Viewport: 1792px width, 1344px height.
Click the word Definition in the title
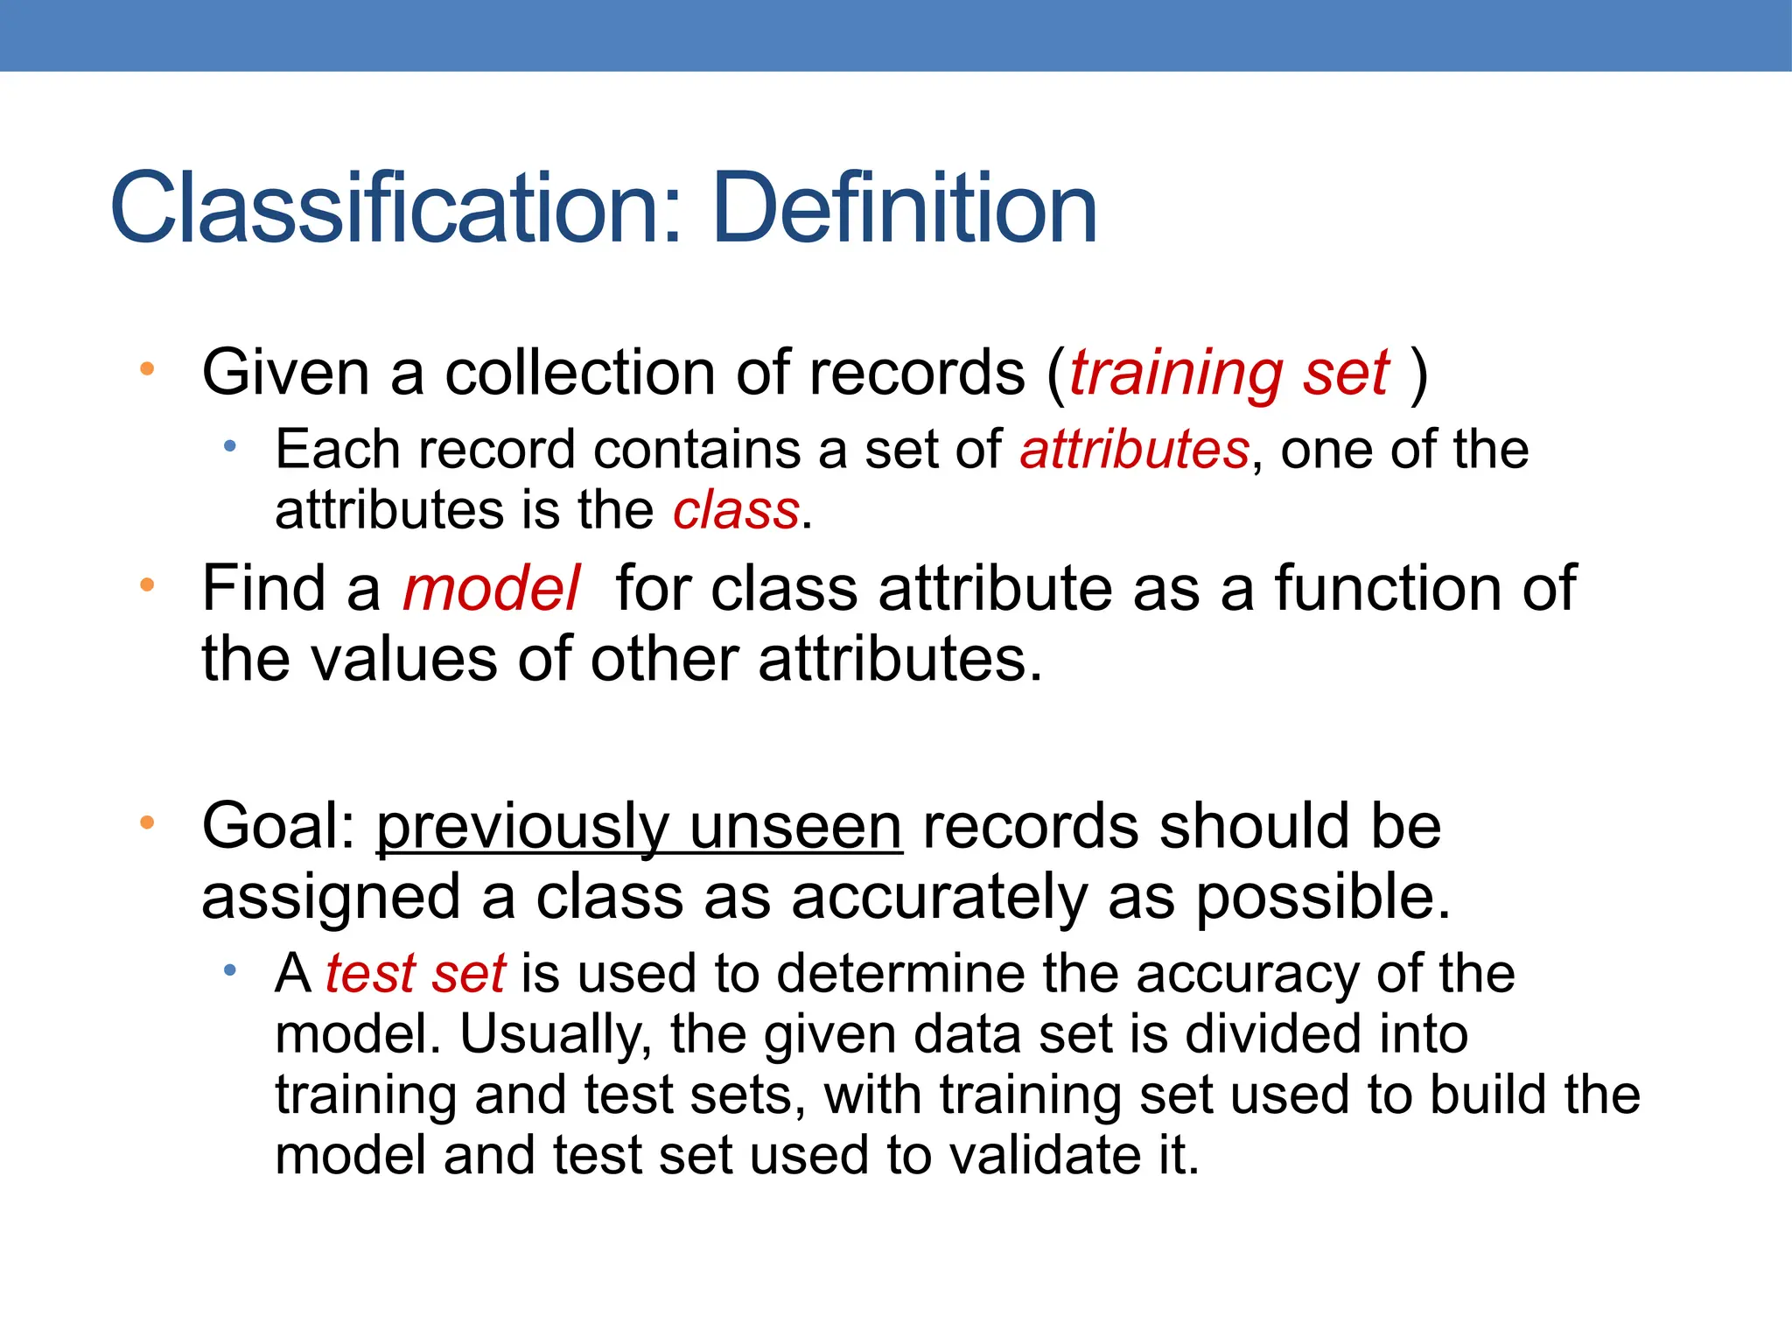point(905,209)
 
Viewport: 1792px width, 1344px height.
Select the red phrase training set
point(1228,374)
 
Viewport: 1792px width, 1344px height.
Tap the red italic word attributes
point(1134,450)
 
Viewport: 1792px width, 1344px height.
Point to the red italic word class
point(736,511)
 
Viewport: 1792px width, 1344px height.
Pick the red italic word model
point(491,588)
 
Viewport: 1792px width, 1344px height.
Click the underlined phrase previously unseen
point(639,827)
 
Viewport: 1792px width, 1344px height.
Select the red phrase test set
point(415,973)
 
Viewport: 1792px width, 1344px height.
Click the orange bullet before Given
point(147,369)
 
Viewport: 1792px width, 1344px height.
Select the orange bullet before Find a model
point(147,584)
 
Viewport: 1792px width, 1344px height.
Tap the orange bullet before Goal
point(147,822)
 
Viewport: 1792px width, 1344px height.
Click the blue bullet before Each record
point(229,446)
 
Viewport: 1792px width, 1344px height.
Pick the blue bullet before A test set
point(229,969)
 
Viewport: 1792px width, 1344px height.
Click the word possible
point(1322,899)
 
